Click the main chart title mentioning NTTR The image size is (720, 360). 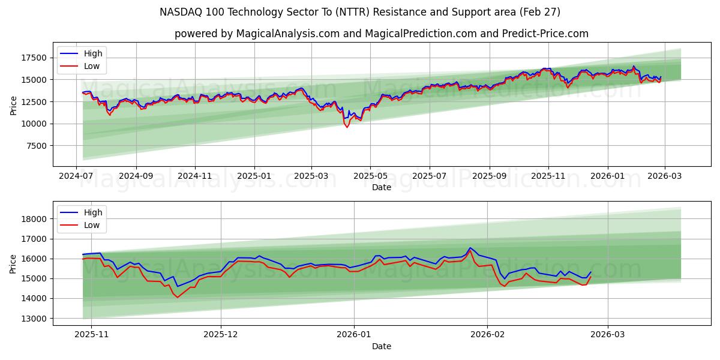(360, 12)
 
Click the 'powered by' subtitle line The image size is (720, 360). (381, 34)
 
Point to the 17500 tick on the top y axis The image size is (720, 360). (34, 58)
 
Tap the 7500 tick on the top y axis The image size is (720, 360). (36, 146)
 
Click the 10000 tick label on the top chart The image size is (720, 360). (34, 124)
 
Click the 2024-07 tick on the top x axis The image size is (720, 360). (76, 176)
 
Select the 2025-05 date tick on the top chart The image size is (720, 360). (370, 176)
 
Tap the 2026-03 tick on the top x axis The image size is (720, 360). (664, 176)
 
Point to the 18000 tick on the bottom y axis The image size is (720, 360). (34, 219)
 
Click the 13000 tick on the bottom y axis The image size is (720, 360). (34, 319)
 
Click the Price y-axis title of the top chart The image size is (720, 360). (14, 106)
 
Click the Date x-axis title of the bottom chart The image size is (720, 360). (382, 346)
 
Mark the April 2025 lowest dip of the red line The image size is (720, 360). (347, 127)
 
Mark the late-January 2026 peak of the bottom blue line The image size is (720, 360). (470, 248)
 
